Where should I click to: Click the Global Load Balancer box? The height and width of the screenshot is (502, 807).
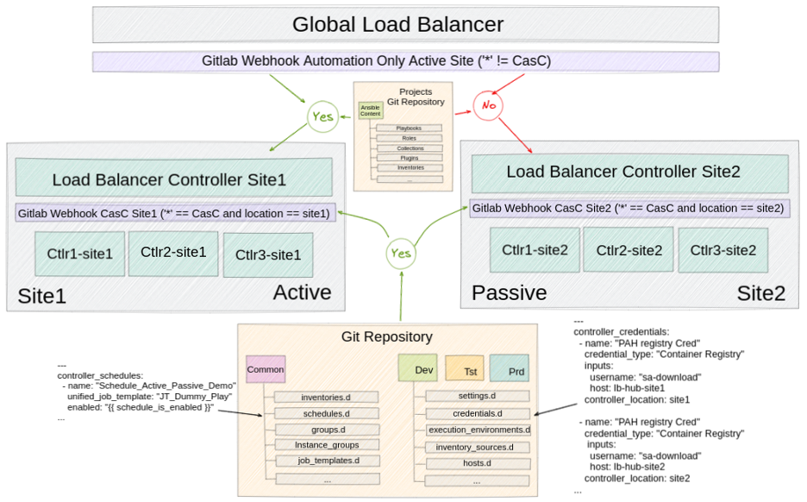405,24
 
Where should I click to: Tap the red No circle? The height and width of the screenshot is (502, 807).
488,106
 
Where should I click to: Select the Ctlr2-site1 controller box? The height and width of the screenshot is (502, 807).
173,253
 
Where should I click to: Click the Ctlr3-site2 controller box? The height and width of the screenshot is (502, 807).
723,250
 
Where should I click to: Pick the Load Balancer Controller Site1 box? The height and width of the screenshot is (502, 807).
173,179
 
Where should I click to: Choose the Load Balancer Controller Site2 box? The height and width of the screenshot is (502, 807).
622,172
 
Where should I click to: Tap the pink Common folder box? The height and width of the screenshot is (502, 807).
265,370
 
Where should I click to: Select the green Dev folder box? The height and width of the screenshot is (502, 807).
418,369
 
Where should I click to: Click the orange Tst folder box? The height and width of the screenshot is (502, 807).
464,369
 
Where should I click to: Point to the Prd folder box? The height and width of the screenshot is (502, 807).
510,369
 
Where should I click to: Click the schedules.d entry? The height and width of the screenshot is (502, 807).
326,413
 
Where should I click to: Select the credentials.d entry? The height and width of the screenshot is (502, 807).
478,413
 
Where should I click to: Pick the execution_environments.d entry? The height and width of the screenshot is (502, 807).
479,430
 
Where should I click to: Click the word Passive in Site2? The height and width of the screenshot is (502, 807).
509,293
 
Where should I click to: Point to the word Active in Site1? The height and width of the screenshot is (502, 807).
302,293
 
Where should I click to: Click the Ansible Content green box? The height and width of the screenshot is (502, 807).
370,110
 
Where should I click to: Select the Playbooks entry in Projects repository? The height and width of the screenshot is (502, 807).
409,129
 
